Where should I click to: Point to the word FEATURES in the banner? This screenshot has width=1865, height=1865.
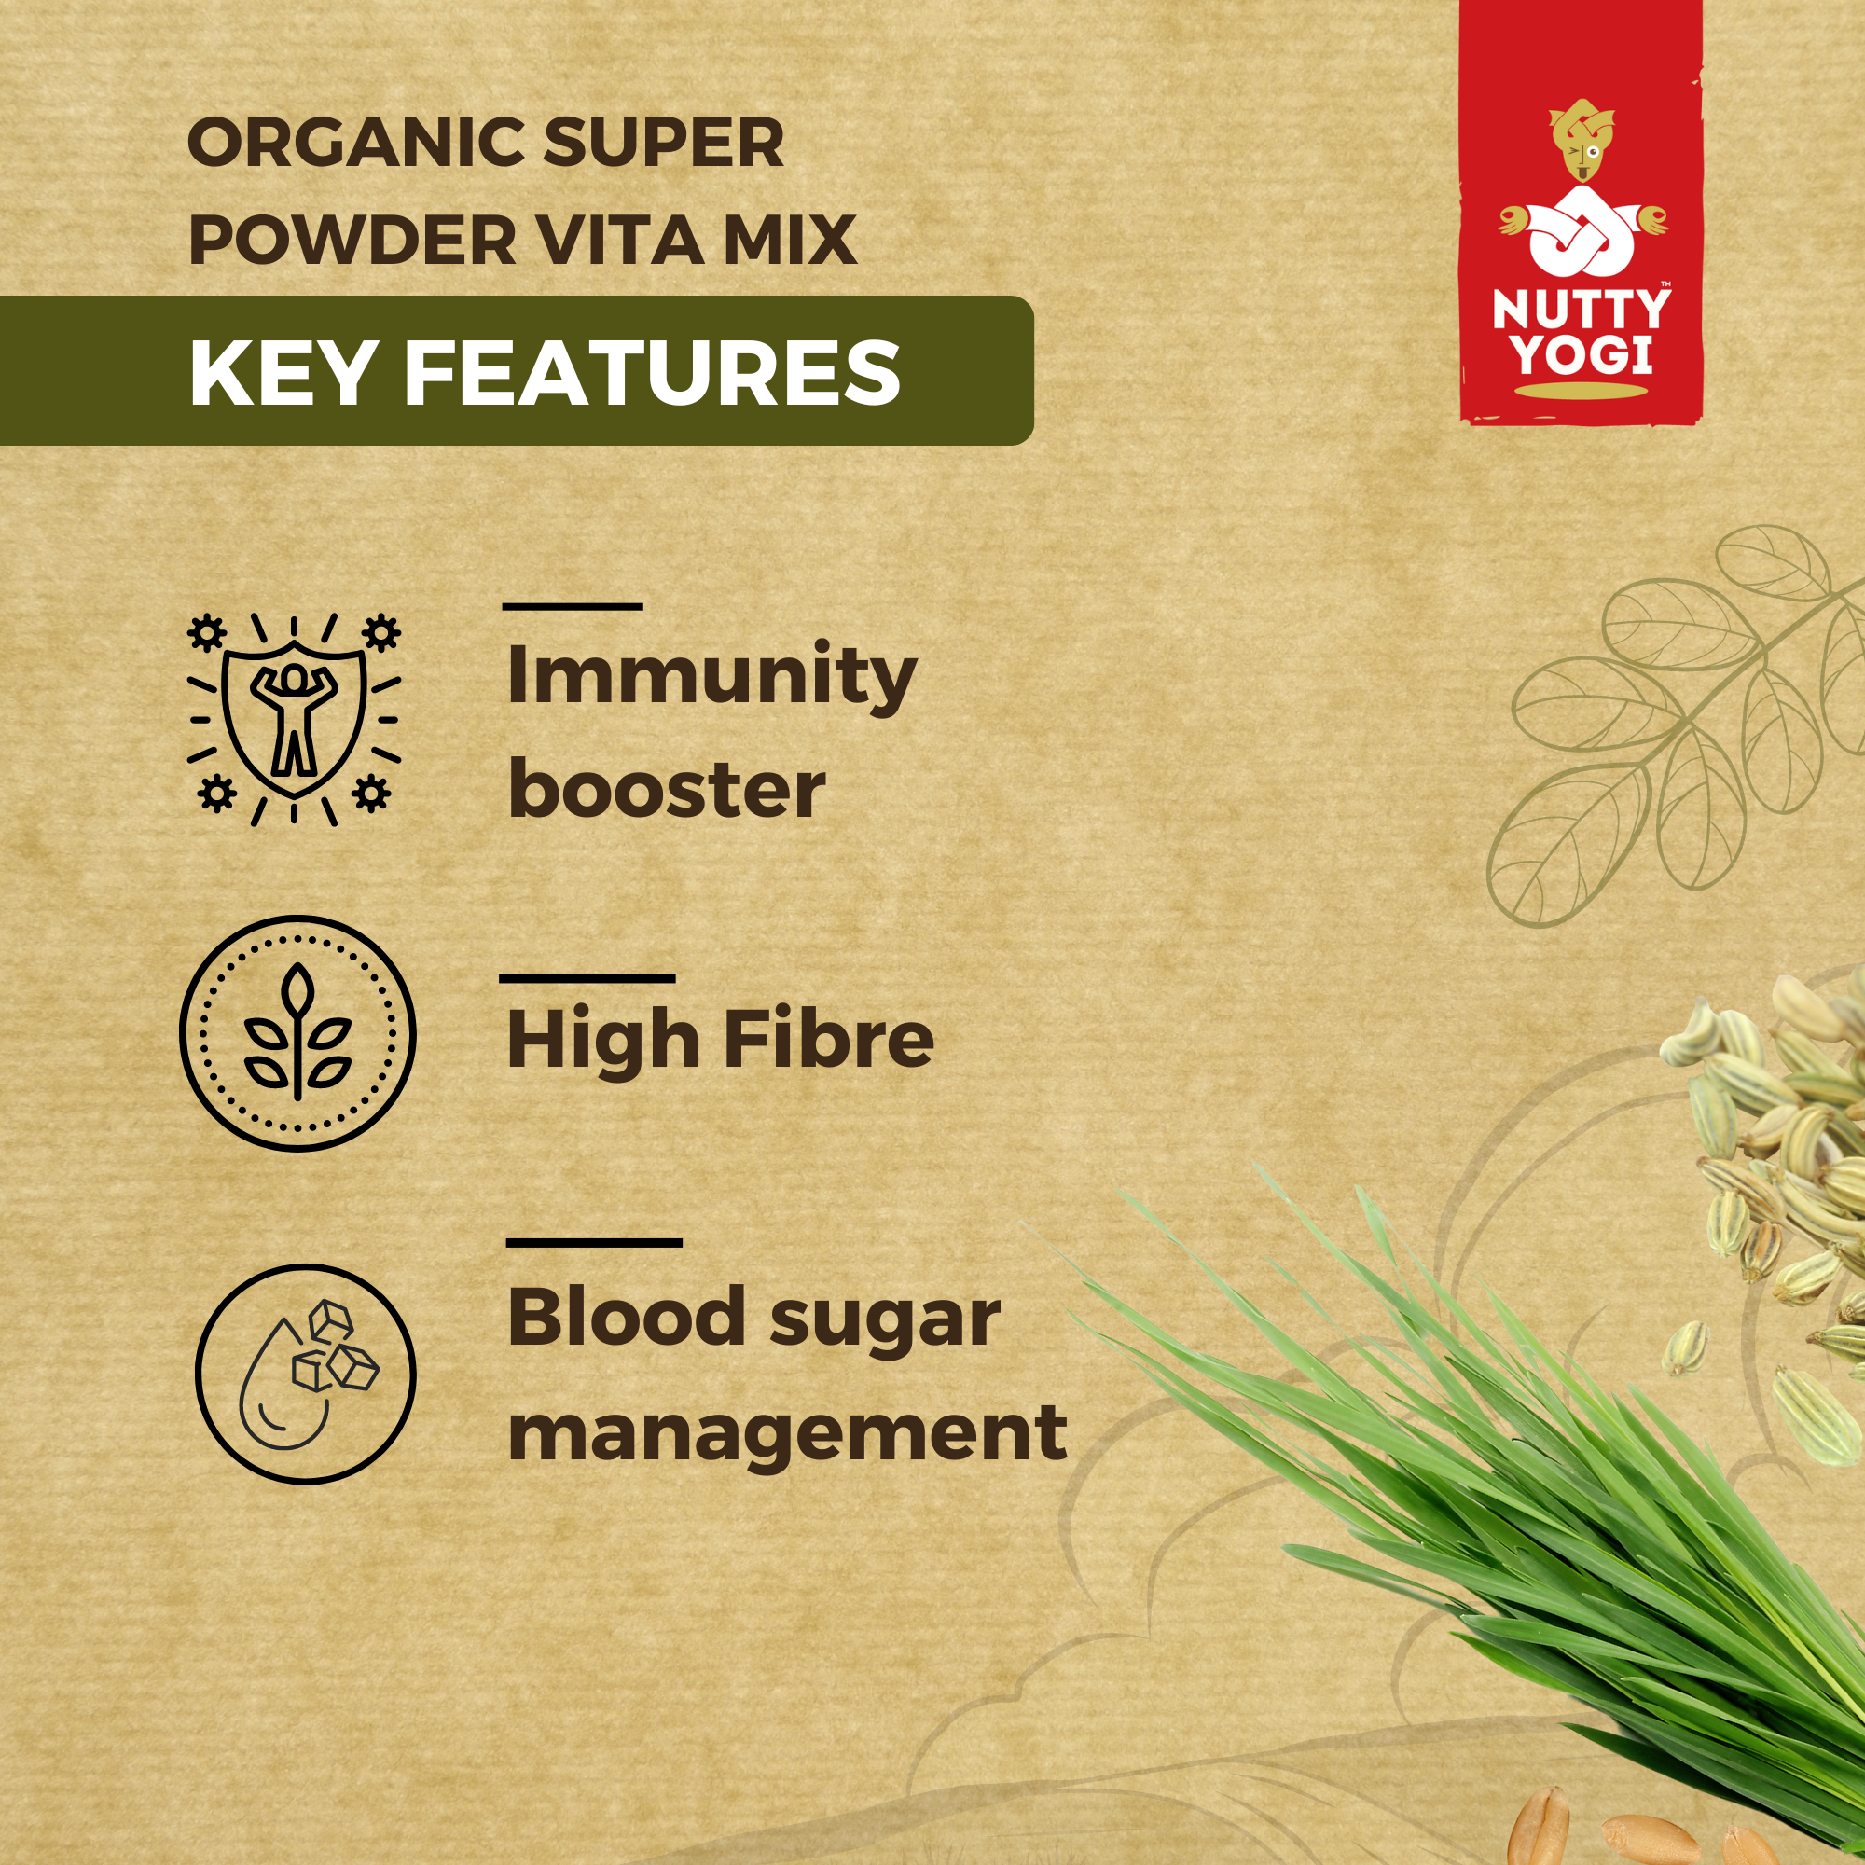pyautogui.click(x=653, y=373)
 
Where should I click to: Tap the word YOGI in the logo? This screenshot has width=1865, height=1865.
pyautogui.click(x=1582, y=354)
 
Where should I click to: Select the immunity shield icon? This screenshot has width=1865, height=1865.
pyautogui.click(x=294, y=718)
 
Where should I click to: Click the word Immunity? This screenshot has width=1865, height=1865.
pyautogui.click(x=711, y=677)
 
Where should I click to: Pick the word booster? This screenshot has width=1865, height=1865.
pyautogui.click(x=666, y=789)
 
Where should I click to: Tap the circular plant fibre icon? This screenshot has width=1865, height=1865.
pyautogui.click(x=297, y=1033)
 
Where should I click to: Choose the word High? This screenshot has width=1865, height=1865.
pyautogui.click(x=603, y=1041)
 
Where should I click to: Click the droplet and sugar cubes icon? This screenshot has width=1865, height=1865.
pyautogui.click(x=305, y=1373)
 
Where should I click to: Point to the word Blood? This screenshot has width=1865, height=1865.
pyautogui.click(x=627, y=1317)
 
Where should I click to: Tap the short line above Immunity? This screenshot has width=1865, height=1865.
pyautogui.click(x=573, y=606)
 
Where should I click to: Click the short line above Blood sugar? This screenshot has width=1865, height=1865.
pyautogui.click(x=594, y=1242)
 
